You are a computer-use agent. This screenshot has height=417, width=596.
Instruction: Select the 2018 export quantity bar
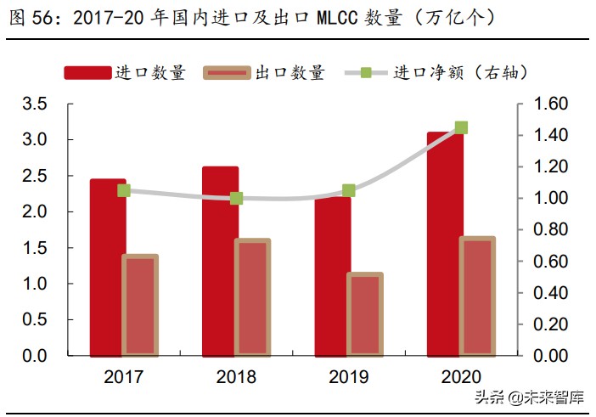pyautogui.click(x=252, y=297)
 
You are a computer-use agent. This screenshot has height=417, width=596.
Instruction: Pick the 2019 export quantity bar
pyautogui.click(x=364, y=313)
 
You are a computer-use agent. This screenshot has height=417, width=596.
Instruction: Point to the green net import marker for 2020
pyautogui.click(x=461, y=127)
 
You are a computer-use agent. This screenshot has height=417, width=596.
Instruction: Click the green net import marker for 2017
pyautogui.click(x=124, y=190)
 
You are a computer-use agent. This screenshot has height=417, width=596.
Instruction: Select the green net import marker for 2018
pyautogui.click(x=236, y=198)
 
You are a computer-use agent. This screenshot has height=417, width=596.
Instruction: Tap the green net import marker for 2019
pyautogui.click(x=348, y=190)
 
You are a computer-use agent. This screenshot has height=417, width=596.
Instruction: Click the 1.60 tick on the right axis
pyautogui.click(x=550, y=104)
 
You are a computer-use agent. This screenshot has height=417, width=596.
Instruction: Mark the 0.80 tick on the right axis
pyautogui.click(x=550, y=229)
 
